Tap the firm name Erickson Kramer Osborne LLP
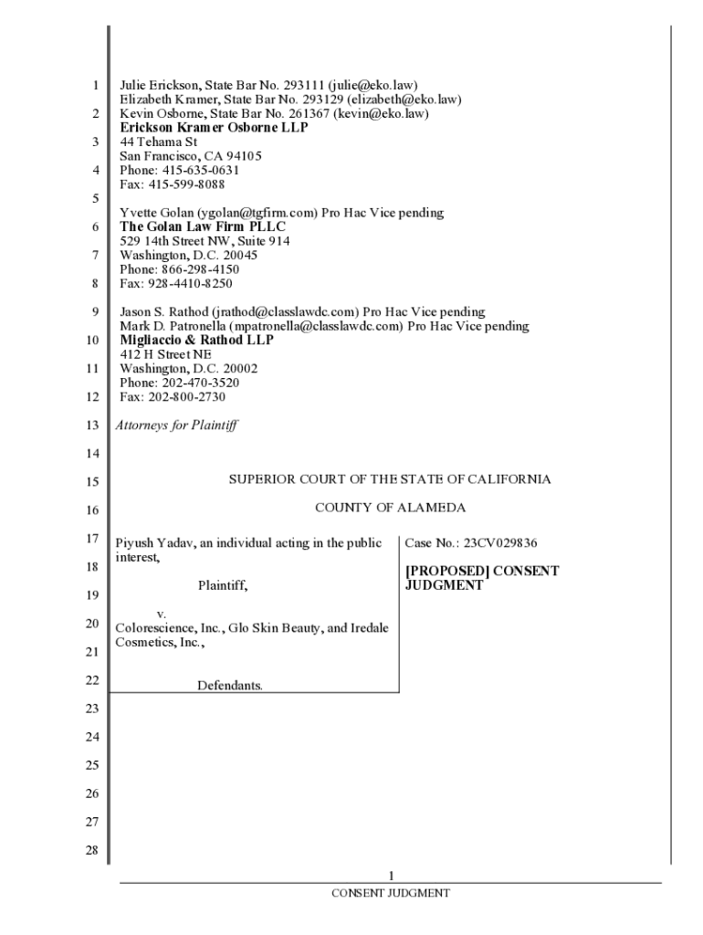click(x=214, y=128)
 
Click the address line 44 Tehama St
click(x=158, y=142)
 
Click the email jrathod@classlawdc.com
click(x=282, y=312)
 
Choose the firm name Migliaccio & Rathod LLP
click(x=196, y=340)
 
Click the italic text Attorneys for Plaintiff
click(x=175, y=425)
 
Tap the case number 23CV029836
click(x=499, y=543)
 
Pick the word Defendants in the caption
click(x=230, y=685)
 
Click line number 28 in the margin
click(x=90, y=851)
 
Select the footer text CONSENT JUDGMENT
click(x=390, y=893)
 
